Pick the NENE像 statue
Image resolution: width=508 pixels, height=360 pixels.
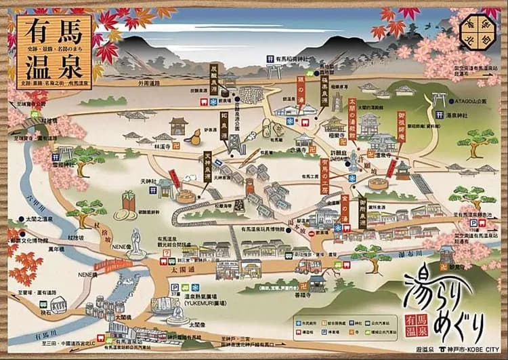(x=136, y=240)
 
